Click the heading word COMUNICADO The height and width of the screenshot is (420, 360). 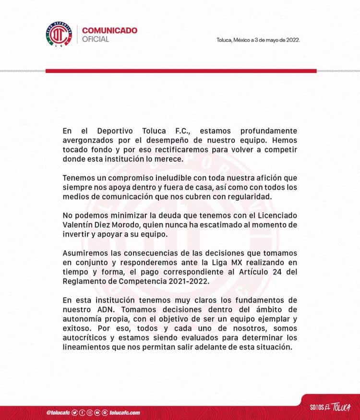(110, 30)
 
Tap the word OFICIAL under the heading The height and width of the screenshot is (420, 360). (96, 39)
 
